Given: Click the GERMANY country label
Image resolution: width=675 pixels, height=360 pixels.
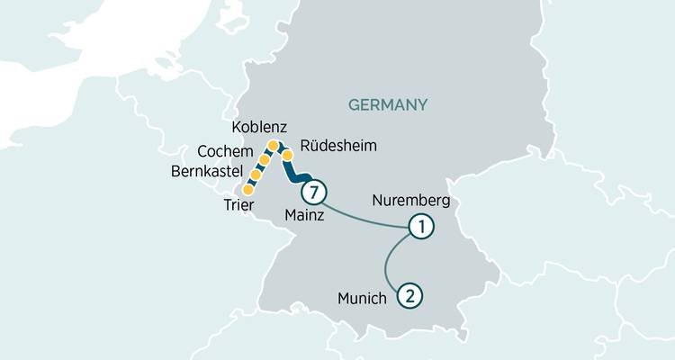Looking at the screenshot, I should [x=388, y=106].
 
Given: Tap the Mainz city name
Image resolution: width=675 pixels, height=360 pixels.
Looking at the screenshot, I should [x=303, y=216].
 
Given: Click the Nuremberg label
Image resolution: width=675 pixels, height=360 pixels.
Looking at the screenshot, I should [x=409, y=200].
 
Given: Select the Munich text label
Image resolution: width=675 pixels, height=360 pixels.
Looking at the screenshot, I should [x=363, y=297].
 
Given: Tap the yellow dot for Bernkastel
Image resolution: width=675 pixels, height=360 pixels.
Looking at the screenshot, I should [x=256, y=173].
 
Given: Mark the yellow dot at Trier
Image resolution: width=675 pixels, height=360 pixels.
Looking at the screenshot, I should [x=248, y=190].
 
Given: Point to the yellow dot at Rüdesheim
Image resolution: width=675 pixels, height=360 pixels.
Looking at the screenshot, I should [x=288, y=156].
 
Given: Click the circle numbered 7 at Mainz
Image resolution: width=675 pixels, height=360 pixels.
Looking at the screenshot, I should [x=313, y=192].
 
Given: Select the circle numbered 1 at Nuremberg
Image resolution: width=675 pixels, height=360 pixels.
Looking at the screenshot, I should [x=419, y=227].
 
